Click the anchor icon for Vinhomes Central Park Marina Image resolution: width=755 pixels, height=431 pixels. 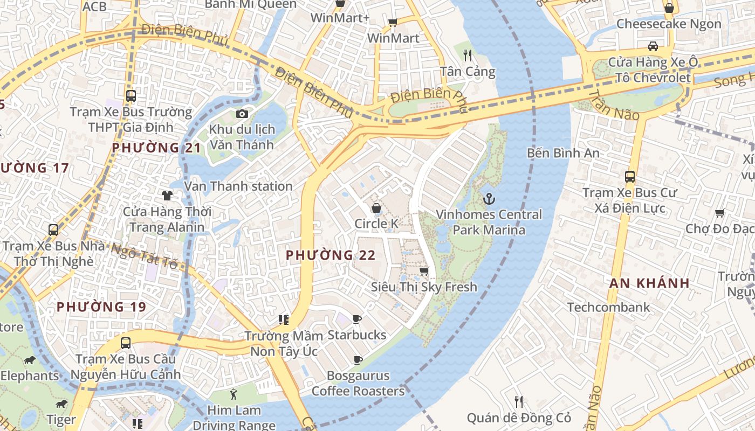click(x=489, y=199)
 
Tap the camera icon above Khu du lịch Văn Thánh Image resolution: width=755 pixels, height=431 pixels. click(x=242, y=114)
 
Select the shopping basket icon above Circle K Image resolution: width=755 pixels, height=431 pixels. click(x=376, y=208)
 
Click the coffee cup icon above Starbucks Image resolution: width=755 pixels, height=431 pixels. click(x=356, y=319)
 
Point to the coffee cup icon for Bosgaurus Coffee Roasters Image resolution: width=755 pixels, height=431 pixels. click(x=357, y=360)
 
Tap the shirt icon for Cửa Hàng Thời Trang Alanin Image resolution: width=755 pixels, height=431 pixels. click(x=167, y=195)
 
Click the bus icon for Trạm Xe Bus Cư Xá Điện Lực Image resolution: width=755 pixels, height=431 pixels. click(x=629, y=176)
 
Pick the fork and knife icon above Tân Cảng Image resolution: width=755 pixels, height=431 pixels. click(x=468, y=55)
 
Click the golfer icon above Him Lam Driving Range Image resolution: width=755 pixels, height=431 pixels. click(x=234, y=394)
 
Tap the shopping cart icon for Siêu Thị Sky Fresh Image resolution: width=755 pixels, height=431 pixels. click(x=424, y=271)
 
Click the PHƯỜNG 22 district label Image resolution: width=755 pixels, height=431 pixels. click(x=330, y=255)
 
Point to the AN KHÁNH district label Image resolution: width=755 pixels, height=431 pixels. click(x=649, y=283)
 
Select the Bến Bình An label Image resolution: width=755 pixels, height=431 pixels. click(x=563, y=153)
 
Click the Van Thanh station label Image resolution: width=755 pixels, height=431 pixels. click(x=238, y=186)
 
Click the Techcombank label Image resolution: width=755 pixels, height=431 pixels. click(x=608, y=307)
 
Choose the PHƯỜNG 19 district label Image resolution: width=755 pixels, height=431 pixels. click(x=101, y=307)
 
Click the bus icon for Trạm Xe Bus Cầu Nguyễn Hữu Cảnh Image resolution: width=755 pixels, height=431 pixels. click(x=126, y=343)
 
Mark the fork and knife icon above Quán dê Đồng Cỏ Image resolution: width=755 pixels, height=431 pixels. click(x=518, y=401)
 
